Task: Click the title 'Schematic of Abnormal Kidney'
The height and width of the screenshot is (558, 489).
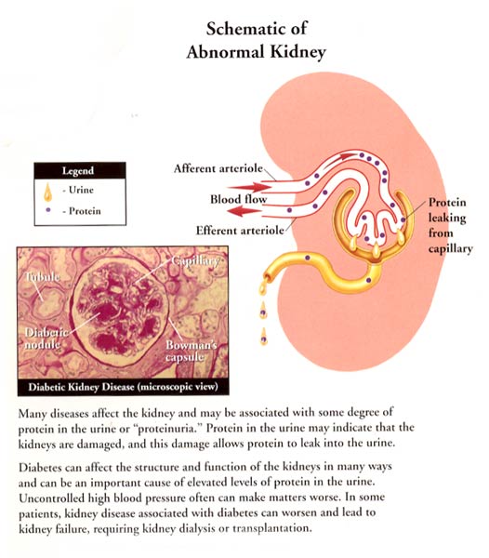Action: click(x=256, y=40)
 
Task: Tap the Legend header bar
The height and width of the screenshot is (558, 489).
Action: click(x=80, y=170)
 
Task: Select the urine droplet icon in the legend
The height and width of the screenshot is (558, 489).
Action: click(x=47, y=192)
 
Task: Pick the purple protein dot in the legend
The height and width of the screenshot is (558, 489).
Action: click(x=48, y=210)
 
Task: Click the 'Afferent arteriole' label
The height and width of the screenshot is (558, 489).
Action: click(x=218, y=168)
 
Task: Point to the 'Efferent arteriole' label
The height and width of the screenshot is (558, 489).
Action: click(x=240, y=231)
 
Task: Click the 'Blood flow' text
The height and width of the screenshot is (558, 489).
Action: click(x=238, y=199)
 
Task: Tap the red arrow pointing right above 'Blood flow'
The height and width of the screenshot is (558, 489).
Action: click(x=249, y=187)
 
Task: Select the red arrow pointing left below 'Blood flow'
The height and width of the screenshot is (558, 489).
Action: click(x=244, y=212)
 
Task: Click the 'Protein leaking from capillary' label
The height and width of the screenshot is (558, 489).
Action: click(x=450, y=225)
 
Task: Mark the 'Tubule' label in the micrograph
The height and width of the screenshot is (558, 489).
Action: click(x=42, y=277)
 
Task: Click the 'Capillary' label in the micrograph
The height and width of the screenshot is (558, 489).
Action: click(x=195, y=260)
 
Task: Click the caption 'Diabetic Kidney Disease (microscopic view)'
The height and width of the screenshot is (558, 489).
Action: click(x=123, y=387)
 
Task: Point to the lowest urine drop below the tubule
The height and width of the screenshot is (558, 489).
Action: click(x=263, y=337)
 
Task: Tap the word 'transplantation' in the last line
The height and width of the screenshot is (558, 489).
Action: click(x=272, y=527)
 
